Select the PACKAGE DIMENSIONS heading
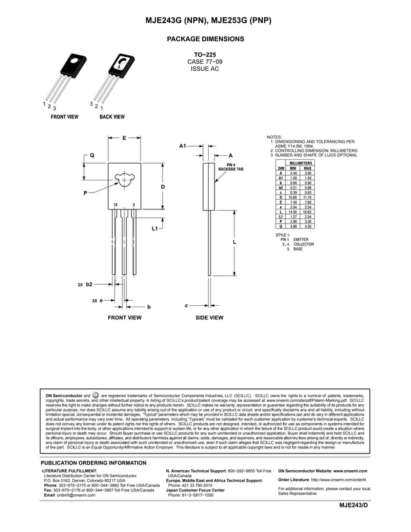205,39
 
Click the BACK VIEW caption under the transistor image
111,117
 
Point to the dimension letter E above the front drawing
124,137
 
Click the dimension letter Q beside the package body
91,155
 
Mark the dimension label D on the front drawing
163,187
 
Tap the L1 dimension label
155,229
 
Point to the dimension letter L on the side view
234,242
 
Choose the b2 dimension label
89,283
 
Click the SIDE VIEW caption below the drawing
209,318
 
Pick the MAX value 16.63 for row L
307,211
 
